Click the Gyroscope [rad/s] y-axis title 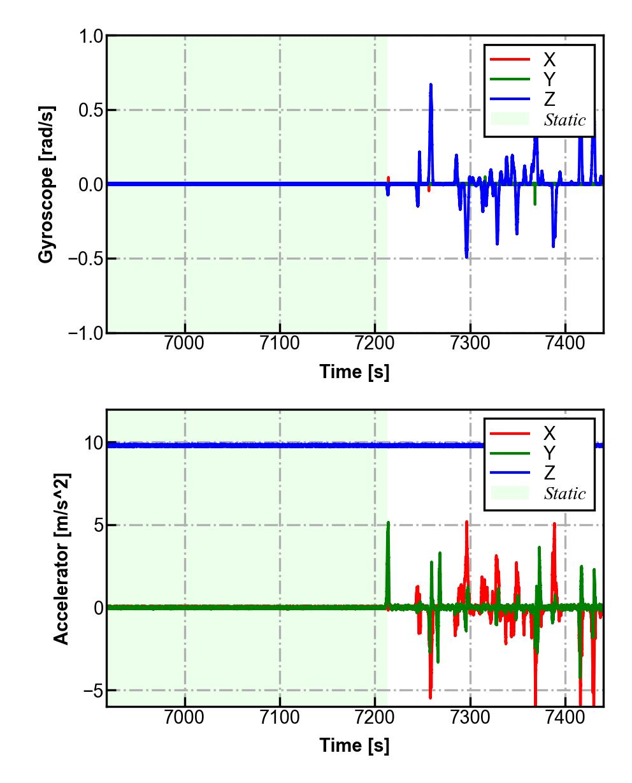(46, 184)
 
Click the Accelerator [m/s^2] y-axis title (61, 558)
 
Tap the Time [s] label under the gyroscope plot (354, 372)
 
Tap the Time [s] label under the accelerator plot (354, 745)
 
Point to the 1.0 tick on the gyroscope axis (90, 36)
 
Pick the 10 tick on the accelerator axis (94, 443)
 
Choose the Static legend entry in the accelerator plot (564, 494)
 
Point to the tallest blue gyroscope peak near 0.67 (431, 85)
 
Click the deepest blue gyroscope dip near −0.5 (466, 256)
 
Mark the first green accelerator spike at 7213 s (387, 523)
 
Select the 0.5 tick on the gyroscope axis (90, 110)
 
